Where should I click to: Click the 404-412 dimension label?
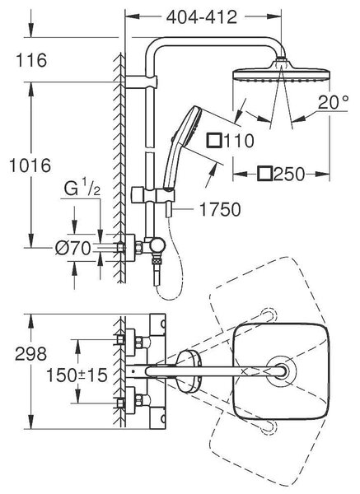tap(202, 17)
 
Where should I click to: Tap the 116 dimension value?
tap(31, 60)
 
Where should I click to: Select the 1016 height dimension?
tap(30, 165)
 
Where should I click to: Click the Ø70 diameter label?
tap(73, 249)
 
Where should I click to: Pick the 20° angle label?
tap(333, 102)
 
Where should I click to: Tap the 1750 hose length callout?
tap(220, 209)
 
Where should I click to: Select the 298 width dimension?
tap(31, 354)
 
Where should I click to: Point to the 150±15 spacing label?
tap(77, 375)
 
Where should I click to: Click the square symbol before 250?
tap(264, 174)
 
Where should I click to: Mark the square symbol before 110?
tap(214, 140)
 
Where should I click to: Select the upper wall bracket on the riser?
tap(141, 82)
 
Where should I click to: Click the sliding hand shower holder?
tap(153, 196)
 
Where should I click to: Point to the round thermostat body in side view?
tap(157, 245)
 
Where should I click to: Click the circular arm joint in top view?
tap(281, 371)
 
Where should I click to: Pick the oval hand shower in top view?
tap(188, 372)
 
